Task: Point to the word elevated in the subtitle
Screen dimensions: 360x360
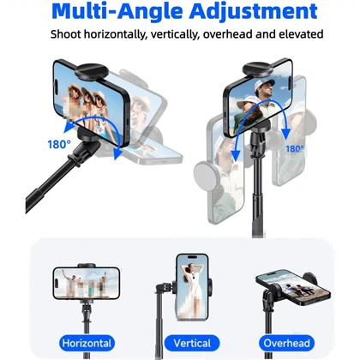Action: point(301,34)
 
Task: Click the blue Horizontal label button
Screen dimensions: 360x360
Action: point(87,343)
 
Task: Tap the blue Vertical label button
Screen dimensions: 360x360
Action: point(192,343)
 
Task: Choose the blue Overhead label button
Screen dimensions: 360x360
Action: point(286,343)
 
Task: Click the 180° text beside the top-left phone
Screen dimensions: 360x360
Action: point(59,145)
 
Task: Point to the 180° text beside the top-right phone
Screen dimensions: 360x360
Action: point(295,149)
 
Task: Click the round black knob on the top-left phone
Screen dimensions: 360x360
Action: point(92,71)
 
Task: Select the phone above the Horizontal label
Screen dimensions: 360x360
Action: point(86,283)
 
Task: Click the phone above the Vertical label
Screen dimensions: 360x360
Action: point(192,287)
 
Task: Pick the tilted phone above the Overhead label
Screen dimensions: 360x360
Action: point(293,288)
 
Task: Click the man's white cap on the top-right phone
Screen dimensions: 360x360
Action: point(263,84)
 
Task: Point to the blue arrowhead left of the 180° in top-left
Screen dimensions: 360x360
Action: point(69,128)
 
